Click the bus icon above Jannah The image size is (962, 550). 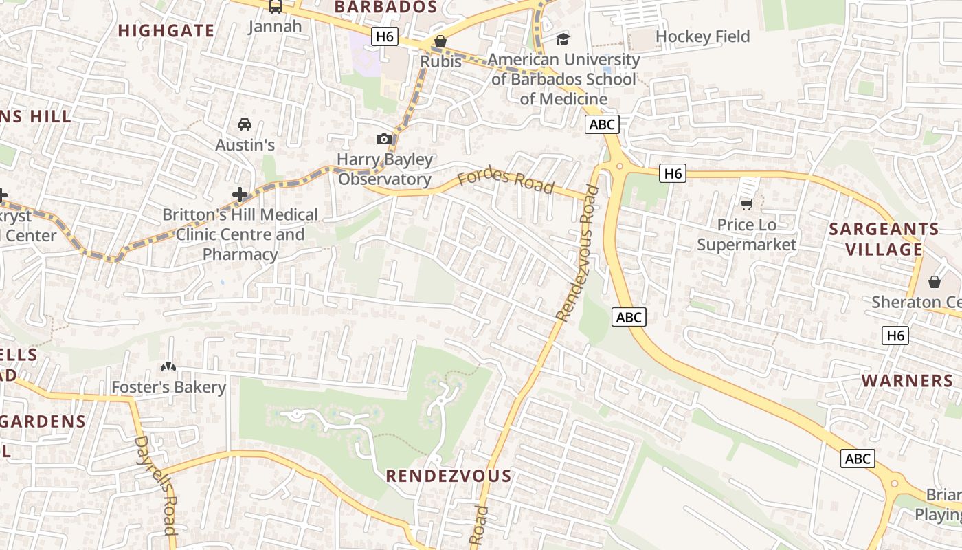275,7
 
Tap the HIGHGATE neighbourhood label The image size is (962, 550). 166,31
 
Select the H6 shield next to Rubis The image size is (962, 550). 384,36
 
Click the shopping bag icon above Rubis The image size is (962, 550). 440,42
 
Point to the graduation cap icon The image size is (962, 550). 563,39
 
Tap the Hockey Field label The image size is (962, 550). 702,36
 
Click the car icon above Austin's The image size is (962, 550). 244,124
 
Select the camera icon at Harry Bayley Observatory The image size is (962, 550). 384,140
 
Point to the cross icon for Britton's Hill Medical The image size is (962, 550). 239,195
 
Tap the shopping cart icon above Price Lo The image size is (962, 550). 746,204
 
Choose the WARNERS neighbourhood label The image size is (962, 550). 907,381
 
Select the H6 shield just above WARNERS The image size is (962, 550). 895,335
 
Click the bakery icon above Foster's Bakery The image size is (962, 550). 168,367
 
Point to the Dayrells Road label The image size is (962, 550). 157,485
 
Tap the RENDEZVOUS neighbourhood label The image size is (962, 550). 448,476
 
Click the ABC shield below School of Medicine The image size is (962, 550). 602,124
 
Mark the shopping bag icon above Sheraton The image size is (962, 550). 934,282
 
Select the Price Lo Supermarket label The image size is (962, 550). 746,234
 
